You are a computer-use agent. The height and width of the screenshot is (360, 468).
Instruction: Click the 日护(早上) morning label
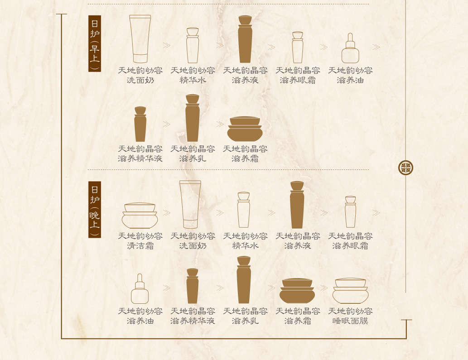click(x=95, y=43)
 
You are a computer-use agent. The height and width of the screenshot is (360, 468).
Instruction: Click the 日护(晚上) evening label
click(x=95, y=209)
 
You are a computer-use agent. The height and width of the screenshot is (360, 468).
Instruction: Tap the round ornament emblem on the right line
click(x=406, y=168)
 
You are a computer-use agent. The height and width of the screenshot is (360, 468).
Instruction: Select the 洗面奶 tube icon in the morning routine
click(x=140, y=39)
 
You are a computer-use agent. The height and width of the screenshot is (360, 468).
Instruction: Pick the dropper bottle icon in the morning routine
click(x=350, y=48)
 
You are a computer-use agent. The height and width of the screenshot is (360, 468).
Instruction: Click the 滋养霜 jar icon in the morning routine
click(x=245, y=129)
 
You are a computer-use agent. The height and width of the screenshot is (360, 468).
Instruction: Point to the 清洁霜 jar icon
click(x=140, y=216)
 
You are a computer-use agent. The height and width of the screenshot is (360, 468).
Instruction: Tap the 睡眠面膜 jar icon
click(x=351, y=291)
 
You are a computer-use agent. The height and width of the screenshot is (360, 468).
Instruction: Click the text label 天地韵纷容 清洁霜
click(x=140, y=241)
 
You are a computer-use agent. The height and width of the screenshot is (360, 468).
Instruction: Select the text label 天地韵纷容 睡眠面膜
click(x=350, y=316)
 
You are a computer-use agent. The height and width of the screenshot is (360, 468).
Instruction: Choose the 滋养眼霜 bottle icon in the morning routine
click(x=298, y=47)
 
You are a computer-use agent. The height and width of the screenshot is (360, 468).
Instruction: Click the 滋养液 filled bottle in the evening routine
click(x=297, y=205)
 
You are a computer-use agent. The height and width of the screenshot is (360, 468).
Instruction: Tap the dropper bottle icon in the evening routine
click(x=140, y=289)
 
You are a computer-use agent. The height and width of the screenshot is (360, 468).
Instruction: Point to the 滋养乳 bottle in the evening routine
click(x=244, y=280)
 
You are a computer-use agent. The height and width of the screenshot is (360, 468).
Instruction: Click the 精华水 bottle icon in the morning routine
click(x=193, y=45)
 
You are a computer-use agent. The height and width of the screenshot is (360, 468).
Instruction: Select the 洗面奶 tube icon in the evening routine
click(x=190, y=205)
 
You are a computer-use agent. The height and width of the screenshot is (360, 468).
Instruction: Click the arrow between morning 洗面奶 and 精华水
click(x=167, y=45)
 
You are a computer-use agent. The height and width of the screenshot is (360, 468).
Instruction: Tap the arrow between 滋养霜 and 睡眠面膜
click(x=324, y=288)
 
